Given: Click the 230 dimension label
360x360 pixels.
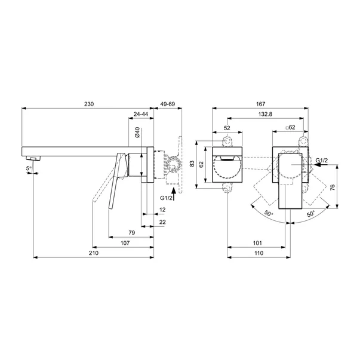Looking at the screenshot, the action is pyautogui.click(x=89, y=104).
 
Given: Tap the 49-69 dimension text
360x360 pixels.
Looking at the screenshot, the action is pyautogui.click(x=168, y=104).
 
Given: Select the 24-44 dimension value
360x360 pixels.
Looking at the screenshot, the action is pyautogui.click(x=141, y=114).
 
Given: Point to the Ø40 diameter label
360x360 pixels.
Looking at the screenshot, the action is pyautogui.click(x=137, y=133).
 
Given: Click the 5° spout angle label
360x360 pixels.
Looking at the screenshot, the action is pyautogui.click(x=29, y=168).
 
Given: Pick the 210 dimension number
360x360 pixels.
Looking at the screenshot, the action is pyautogui.click(x=94, y=253).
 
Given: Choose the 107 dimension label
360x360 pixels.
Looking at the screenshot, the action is pyautogui.click(x=125, y=243).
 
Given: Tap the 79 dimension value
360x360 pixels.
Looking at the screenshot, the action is pyautogui.click(x=132, y=233).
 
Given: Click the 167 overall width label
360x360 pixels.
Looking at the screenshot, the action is pyautogui.click(x=260, y=104).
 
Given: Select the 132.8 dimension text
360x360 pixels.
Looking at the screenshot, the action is pyautogui.click(x=266, y=114).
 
